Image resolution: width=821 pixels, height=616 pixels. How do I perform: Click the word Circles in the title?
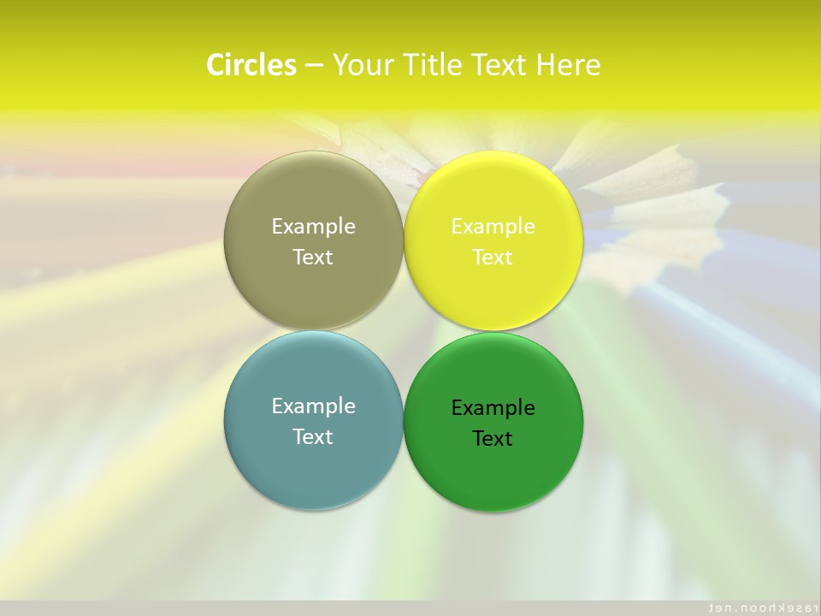(x=251, y=65)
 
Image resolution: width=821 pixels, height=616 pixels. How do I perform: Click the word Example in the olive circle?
(x=313, y=227)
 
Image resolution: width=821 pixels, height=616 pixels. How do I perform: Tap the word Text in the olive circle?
(x=313, y=257)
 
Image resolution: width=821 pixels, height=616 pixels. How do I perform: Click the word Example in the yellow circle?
(x=493, y=227)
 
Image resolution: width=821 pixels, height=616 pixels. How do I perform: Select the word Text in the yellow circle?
(x=493, y=257)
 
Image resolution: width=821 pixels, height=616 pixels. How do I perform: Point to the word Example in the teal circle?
(x=313, y=406)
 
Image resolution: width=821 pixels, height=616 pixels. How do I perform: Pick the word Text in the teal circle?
(x=313, y=436)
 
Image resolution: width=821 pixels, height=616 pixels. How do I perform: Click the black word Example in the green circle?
(x=493, y=408)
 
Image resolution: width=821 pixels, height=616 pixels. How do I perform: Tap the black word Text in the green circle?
(x=493, y=438)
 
